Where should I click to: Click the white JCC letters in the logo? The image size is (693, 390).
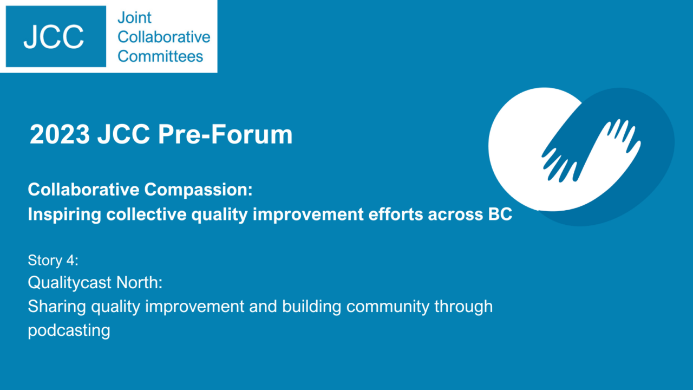tap(54, 37)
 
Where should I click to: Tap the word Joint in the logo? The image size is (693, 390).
tap(135, 18)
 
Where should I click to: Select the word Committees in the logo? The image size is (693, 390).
tap(160, 56)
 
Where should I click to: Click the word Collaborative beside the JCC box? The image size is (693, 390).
tap(164, 37)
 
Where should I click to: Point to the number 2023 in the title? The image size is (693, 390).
tap(60, 134)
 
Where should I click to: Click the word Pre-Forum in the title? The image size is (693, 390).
tap(225, 134)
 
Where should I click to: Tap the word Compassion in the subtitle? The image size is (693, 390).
tap(198, 190)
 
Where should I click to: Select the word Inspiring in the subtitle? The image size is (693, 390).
tap(64, 214)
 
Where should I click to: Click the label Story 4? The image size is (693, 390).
tap(53, 261)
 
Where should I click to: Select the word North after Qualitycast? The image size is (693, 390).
tap(139, 282)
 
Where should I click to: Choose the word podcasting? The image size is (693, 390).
tap(69, 330)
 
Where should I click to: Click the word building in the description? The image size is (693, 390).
tap(311, 307)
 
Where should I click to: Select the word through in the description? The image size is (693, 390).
tap(463, 307)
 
